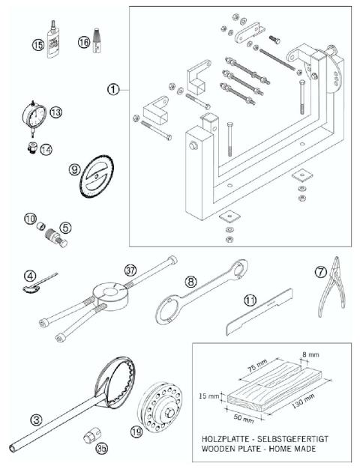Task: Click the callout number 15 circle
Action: point(17,44)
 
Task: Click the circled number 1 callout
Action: point(112,89)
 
